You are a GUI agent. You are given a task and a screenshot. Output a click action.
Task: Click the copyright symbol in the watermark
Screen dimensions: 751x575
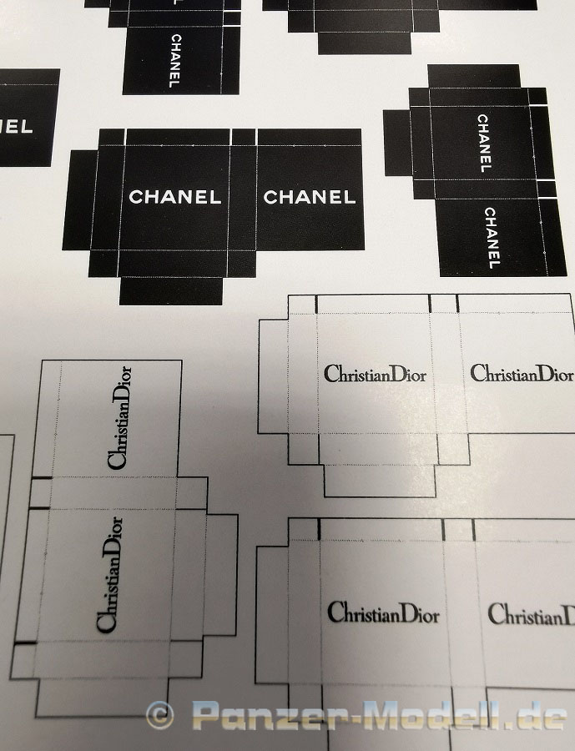point(159,715)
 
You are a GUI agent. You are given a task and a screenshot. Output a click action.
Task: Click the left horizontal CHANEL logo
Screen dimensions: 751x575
point(175,197)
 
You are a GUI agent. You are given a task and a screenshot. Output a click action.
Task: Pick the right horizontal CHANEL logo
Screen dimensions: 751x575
point(310,197)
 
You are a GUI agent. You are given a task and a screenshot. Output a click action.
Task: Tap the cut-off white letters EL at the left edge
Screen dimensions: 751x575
point(17,128)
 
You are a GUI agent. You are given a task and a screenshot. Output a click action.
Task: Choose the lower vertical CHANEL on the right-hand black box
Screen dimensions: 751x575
point(491,238)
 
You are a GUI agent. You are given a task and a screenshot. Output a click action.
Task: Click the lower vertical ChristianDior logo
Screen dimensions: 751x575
point(109,574)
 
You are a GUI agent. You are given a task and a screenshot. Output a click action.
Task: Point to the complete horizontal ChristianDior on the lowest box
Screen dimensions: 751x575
point(383,613)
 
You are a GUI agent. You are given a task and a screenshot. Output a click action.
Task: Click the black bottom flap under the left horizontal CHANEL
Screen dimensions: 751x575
point(171,290)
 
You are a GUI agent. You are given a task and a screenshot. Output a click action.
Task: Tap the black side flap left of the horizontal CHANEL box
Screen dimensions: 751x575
point(80,200)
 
